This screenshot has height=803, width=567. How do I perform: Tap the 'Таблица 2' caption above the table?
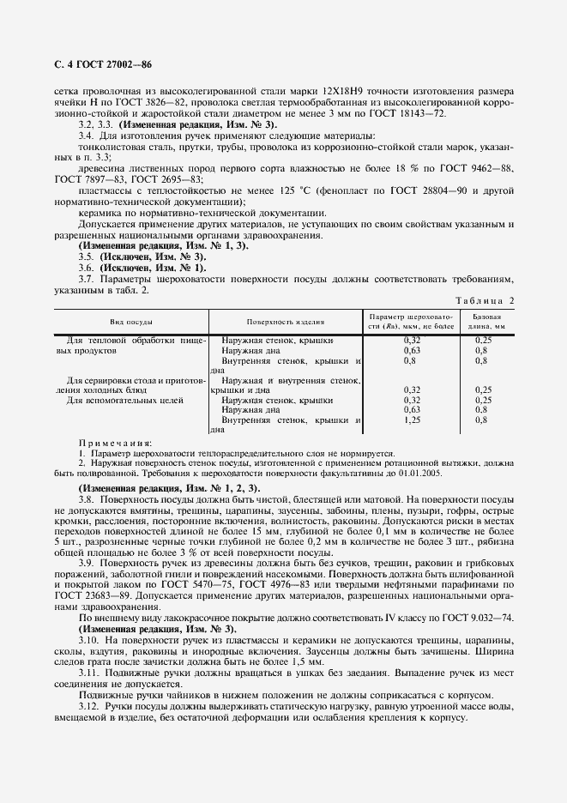pos(485,300)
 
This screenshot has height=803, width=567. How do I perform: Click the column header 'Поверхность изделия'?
pos(286,322)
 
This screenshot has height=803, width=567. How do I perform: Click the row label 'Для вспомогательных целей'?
pos(113,400)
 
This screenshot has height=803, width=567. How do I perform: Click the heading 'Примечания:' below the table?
pos(109,443)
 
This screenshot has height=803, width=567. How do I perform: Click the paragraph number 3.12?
pos(89,704)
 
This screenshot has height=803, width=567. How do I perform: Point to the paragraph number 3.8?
pos(86,498)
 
